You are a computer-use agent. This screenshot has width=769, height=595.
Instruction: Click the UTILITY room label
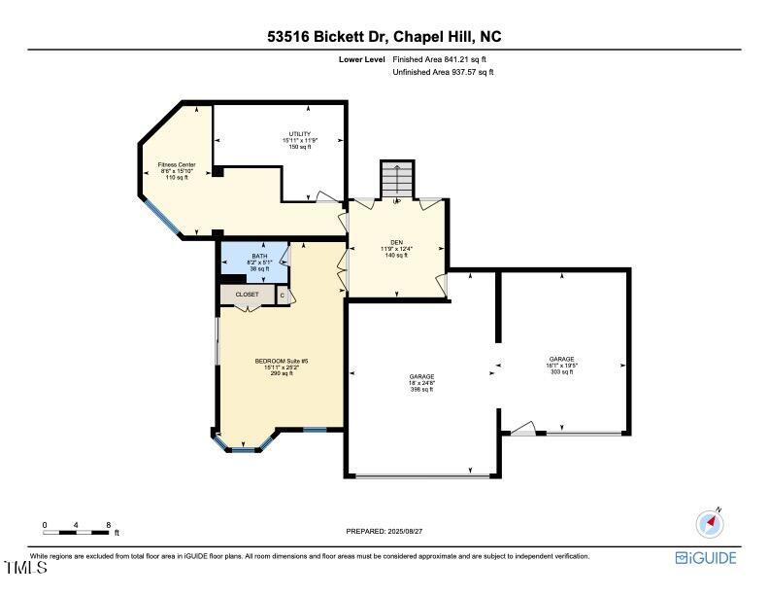tap(299, 140)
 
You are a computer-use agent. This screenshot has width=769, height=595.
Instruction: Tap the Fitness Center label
tap(177, 171)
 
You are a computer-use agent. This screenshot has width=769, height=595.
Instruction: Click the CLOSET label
tap(248, 294)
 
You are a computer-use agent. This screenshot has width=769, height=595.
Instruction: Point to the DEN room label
tap(395, 249)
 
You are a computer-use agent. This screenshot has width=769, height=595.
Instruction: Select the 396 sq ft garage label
tap(421, 382)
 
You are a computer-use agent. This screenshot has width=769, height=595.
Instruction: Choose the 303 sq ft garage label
tap(561, 366)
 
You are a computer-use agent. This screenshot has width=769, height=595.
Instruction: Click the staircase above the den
tap(396, 180)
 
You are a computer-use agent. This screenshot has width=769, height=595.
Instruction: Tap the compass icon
tap(711, 524)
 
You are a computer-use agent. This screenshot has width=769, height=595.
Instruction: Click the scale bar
tap(76, 532)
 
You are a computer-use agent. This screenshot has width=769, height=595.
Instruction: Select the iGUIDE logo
tap(706, 558)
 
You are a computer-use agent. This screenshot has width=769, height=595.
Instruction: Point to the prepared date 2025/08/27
tap(384, 531)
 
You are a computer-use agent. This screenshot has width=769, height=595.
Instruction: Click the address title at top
tap(384, 37)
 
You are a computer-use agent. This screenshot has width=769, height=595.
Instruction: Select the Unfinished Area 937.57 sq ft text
tap(443, 73)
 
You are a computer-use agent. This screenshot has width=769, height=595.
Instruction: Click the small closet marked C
tap(284, 295)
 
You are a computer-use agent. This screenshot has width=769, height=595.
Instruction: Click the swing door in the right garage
tap(523, 428)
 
